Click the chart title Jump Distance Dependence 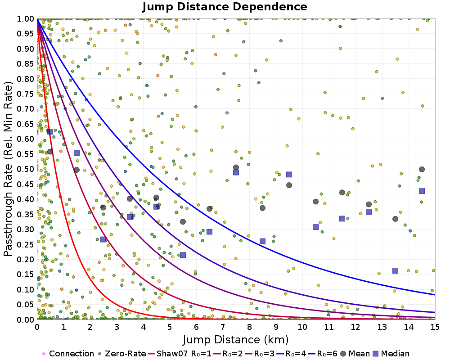tap(225, 7)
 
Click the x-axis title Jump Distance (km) tap(236, 340)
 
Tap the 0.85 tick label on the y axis tap(26, 64)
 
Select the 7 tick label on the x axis tap(223, 327)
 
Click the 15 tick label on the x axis tap(435, 327)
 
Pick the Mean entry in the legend tap(355, 354)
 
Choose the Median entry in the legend tap(391, 354)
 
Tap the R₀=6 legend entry tap(323, 354)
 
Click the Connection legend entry tap(68, 354)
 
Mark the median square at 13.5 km tap(395, 271)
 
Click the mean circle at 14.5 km tap(422, 169)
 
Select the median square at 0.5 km tap(50, 131)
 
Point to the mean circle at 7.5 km tap(236, 167)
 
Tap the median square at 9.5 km tap(289, 175)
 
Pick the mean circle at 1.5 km tap(76, 170)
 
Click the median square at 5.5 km tap(183, 255)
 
